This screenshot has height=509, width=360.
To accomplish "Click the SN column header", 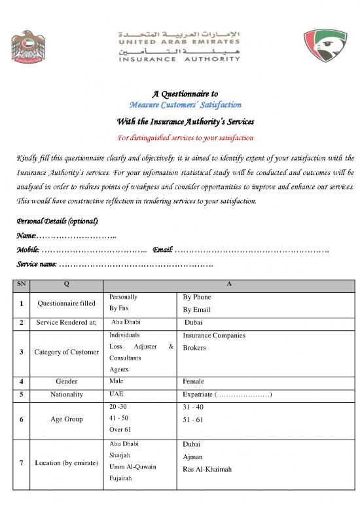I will click(x=22, y=286).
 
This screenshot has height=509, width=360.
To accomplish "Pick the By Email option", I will click(x=197, y=309).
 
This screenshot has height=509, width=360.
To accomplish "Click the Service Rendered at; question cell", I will click(x=67, y=322).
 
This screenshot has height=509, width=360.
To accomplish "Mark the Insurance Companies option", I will click(x=215, y=335).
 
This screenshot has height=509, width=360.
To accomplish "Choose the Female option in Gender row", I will click(x=194, y=381).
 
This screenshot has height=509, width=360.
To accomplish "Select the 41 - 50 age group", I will click(x=118, y=418).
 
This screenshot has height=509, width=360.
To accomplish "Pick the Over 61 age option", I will click(x=121, y=430).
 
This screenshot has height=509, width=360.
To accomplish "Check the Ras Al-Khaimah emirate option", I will click(x=208, y=469).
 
